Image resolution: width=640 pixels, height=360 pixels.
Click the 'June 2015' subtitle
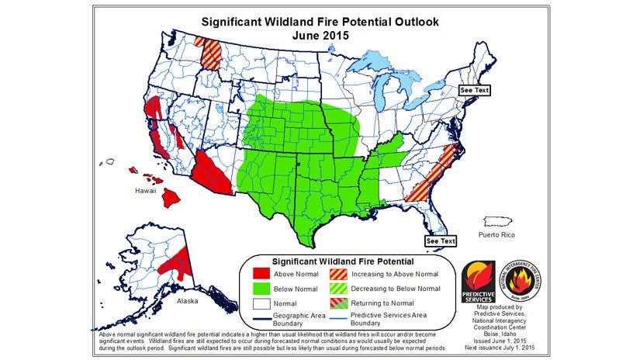320,36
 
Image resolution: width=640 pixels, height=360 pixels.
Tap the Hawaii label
147,190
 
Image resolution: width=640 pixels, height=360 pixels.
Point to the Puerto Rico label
496,234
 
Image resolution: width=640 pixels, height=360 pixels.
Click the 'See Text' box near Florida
440,241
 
